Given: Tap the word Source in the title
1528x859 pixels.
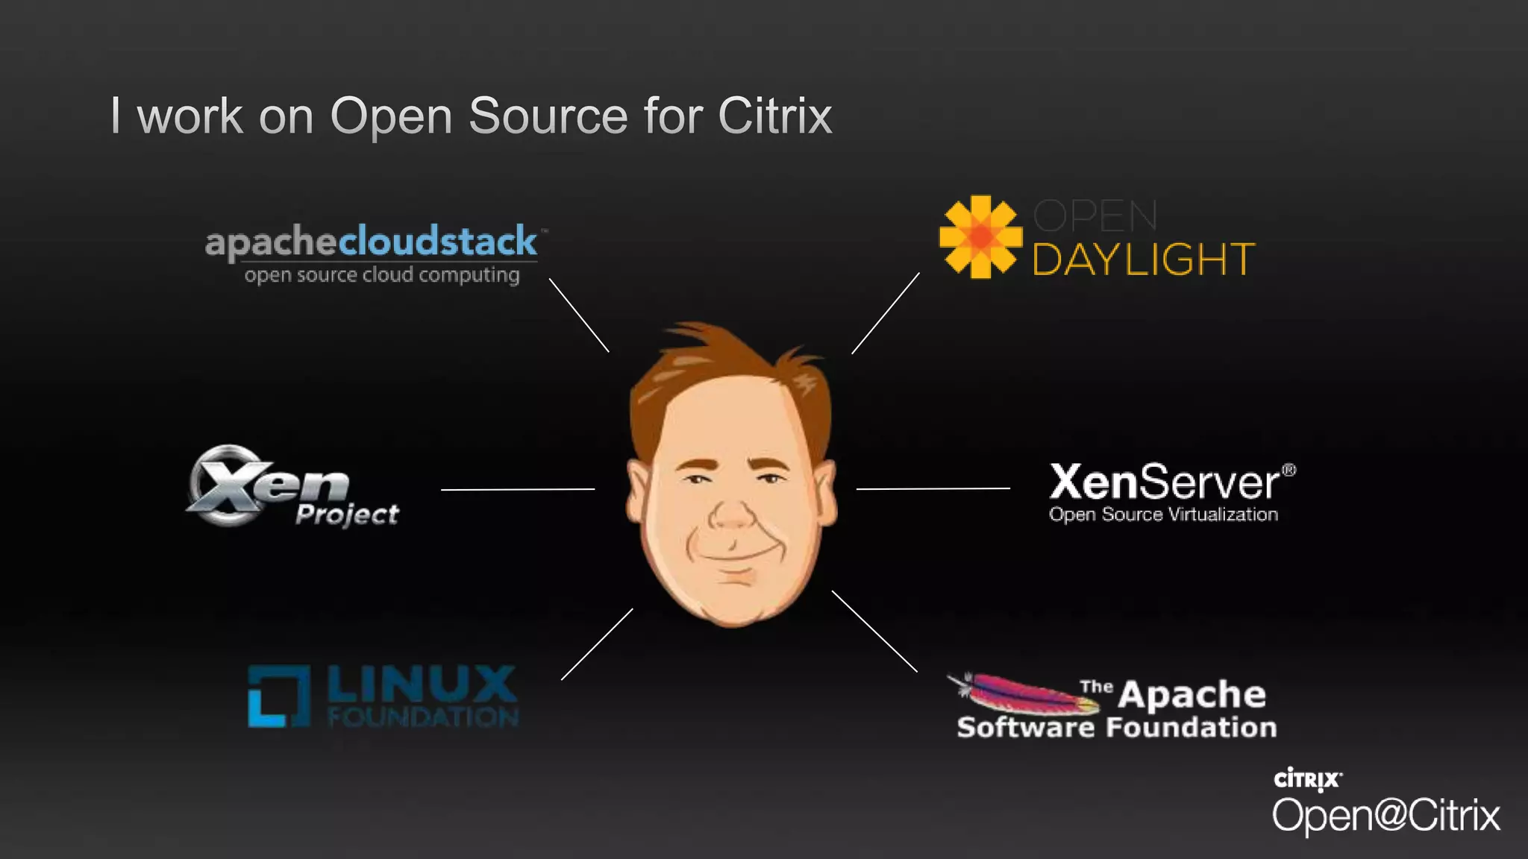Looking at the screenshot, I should tap(548, 116).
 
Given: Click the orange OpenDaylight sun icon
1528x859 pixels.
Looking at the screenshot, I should tap(980, 237).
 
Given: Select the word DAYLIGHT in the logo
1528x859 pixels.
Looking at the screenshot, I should tap(1143, 259).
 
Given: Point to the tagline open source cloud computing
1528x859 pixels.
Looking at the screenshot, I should tap(381, 275).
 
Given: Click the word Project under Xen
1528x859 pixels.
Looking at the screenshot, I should tap(347, 514).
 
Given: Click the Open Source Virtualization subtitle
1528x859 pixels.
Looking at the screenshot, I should tap(1163, 515).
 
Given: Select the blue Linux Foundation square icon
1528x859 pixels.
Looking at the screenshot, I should tap(278, 696).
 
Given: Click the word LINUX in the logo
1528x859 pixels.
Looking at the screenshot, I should tap(422, 684).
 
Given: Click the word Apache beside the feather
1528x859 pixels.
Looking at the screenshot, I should tap(1192, 694).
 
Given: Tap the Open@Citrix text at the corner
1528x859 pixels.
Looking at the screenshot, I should tap(1385, 815).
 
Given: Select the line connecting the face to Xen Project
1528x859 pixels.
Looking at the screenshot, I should tap(518, 489).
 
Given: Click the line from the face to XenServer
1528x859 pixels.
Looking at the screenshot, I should tap(933, 489).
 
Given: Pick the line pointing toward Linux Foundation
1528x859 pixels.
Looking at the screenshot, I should tap(597, 644).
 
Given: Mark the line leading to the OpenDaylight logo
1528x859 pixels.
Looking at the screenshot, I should tap(886, 313).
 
